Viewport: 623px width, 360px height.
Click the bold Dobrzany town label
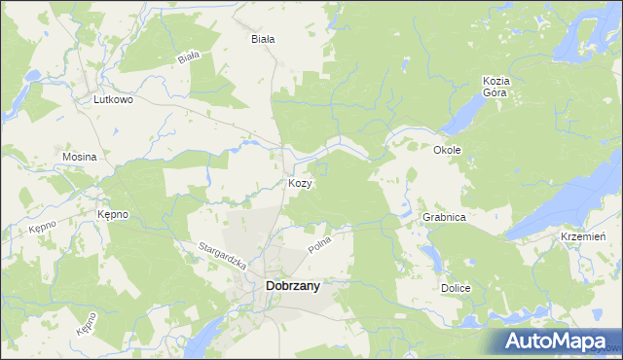click(293, 286)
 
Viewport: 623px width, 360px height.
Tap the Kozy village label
click(300, 184)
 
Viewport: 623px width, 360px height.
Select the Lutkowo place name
click(113, 99)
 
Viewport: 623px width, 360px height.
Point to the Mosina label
click(79, 157)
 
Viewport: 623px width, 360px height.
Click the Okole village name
click(447, 151)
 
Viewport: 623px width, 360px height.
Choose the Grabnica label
click(445, 218)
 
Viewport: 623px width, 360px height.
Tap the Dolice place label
click(456, 289)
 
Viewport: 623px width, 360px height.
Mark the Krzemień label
click(584, 237)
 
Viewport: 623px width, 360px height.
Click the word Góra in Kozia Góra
click(496, 93)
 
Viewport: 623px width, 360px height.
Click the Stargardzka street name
click(224, 256)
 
